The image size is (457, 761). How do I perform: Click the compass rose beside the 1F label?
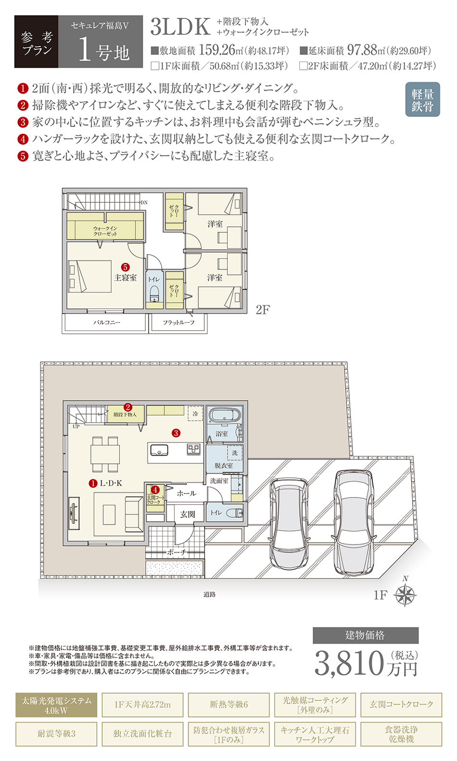[x=405, y=595]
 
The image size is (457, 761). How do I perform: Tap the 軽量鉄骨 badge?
[x=423, y=99]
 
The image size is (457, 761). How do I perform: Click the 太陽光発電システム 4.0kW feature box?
[x=56, y=705]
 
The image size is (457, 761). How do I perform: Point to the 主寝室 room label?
[x=125, y=277]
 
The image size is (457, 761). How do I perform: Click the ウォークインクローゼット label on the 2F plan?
[x=105, y=231]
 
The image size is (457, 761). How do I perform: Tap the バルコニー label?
[x=107, y=322]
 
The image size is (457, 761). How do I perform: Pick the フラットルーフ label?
[x=178, y=322]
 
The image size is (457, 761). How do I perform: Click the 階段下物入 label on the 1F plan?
[x=125, y=415]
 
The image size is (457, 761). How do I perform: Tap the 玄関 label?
[x=188, y=515]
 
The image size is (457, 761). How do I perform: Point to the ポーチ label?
[x=177, y=552]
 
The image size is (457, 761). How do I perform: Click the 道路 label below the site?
[x=210, y=594]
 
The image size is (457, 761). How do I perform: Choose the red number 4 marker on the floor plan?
[x=155, y=490]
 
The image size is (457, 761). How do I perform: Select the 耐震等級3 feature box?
[x=56, y=734]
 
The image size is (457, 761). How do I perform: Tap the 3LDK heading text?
[x=180, y=27]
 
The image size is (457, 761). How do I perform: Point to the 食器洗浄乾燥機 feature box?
[x=401, y=734]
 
